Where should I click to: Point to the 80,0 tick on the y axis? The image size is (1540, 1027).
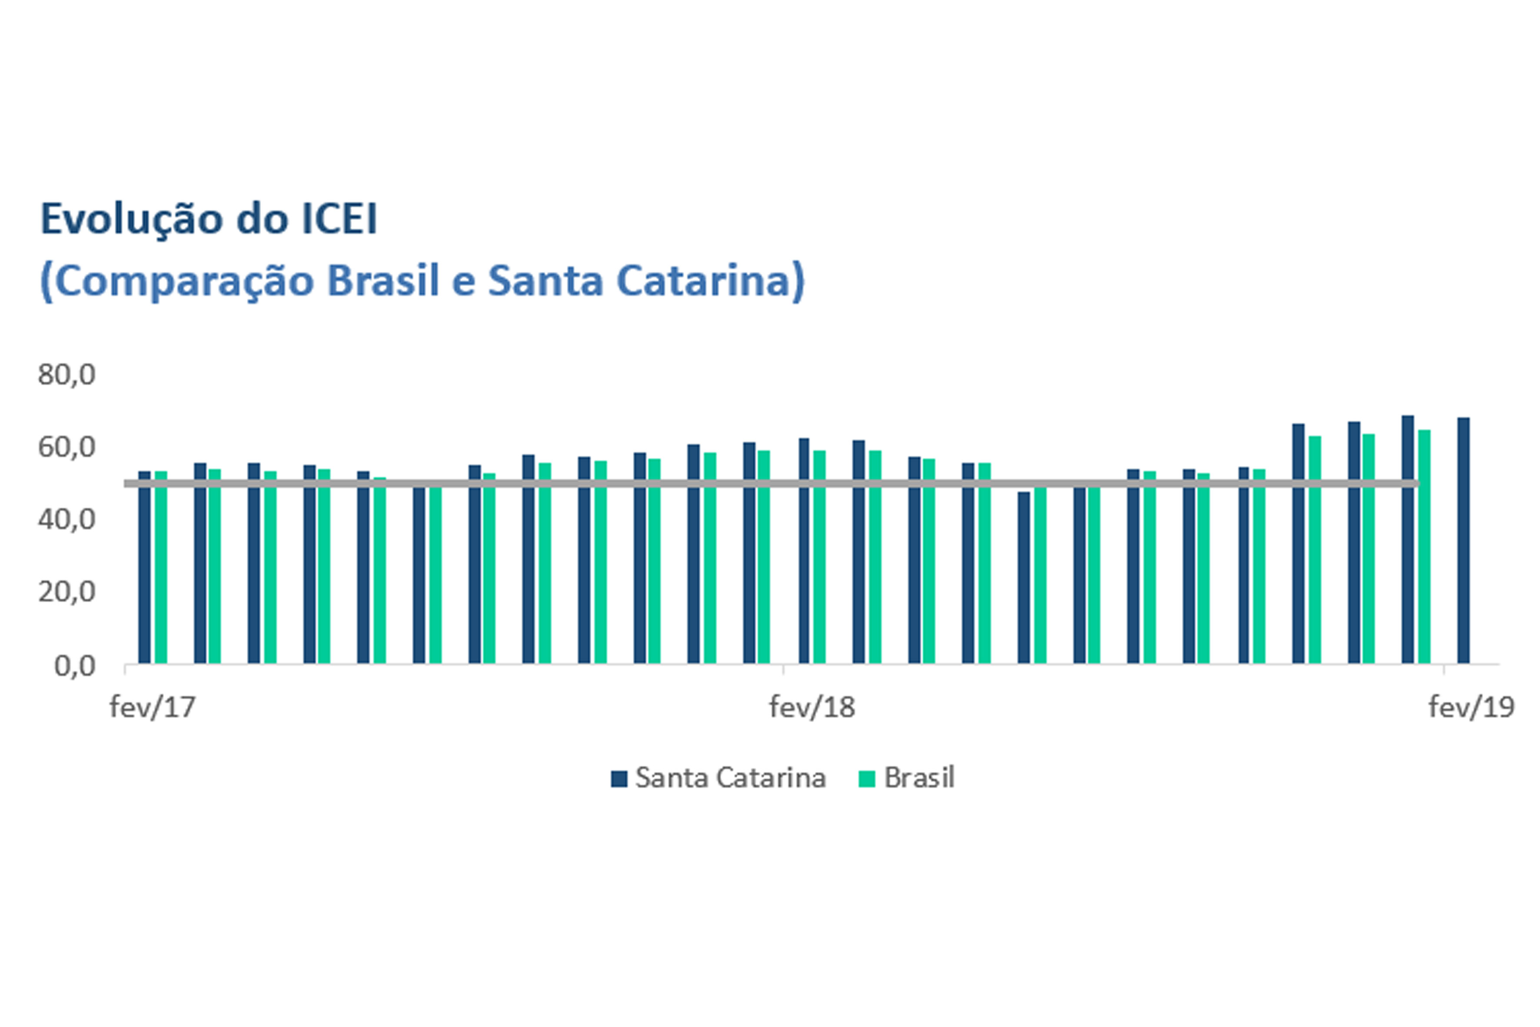point(66,375)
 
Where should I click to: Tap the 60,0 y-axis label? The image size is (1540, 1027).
point(66,447)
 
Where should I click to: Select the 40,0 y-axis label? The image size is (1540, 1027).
point(66,520)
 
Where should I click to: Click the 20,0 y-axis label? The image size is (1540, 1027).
point(66,592)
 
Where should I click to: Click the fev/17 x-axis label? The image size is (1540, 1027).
point(153,707)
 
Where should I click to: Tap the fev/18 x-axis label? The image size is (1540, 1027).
point(812,707)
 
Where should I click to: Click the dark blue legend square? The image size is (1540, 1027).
point(619,779)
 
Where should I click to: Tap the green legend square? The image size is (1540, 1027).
point(867,779)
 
